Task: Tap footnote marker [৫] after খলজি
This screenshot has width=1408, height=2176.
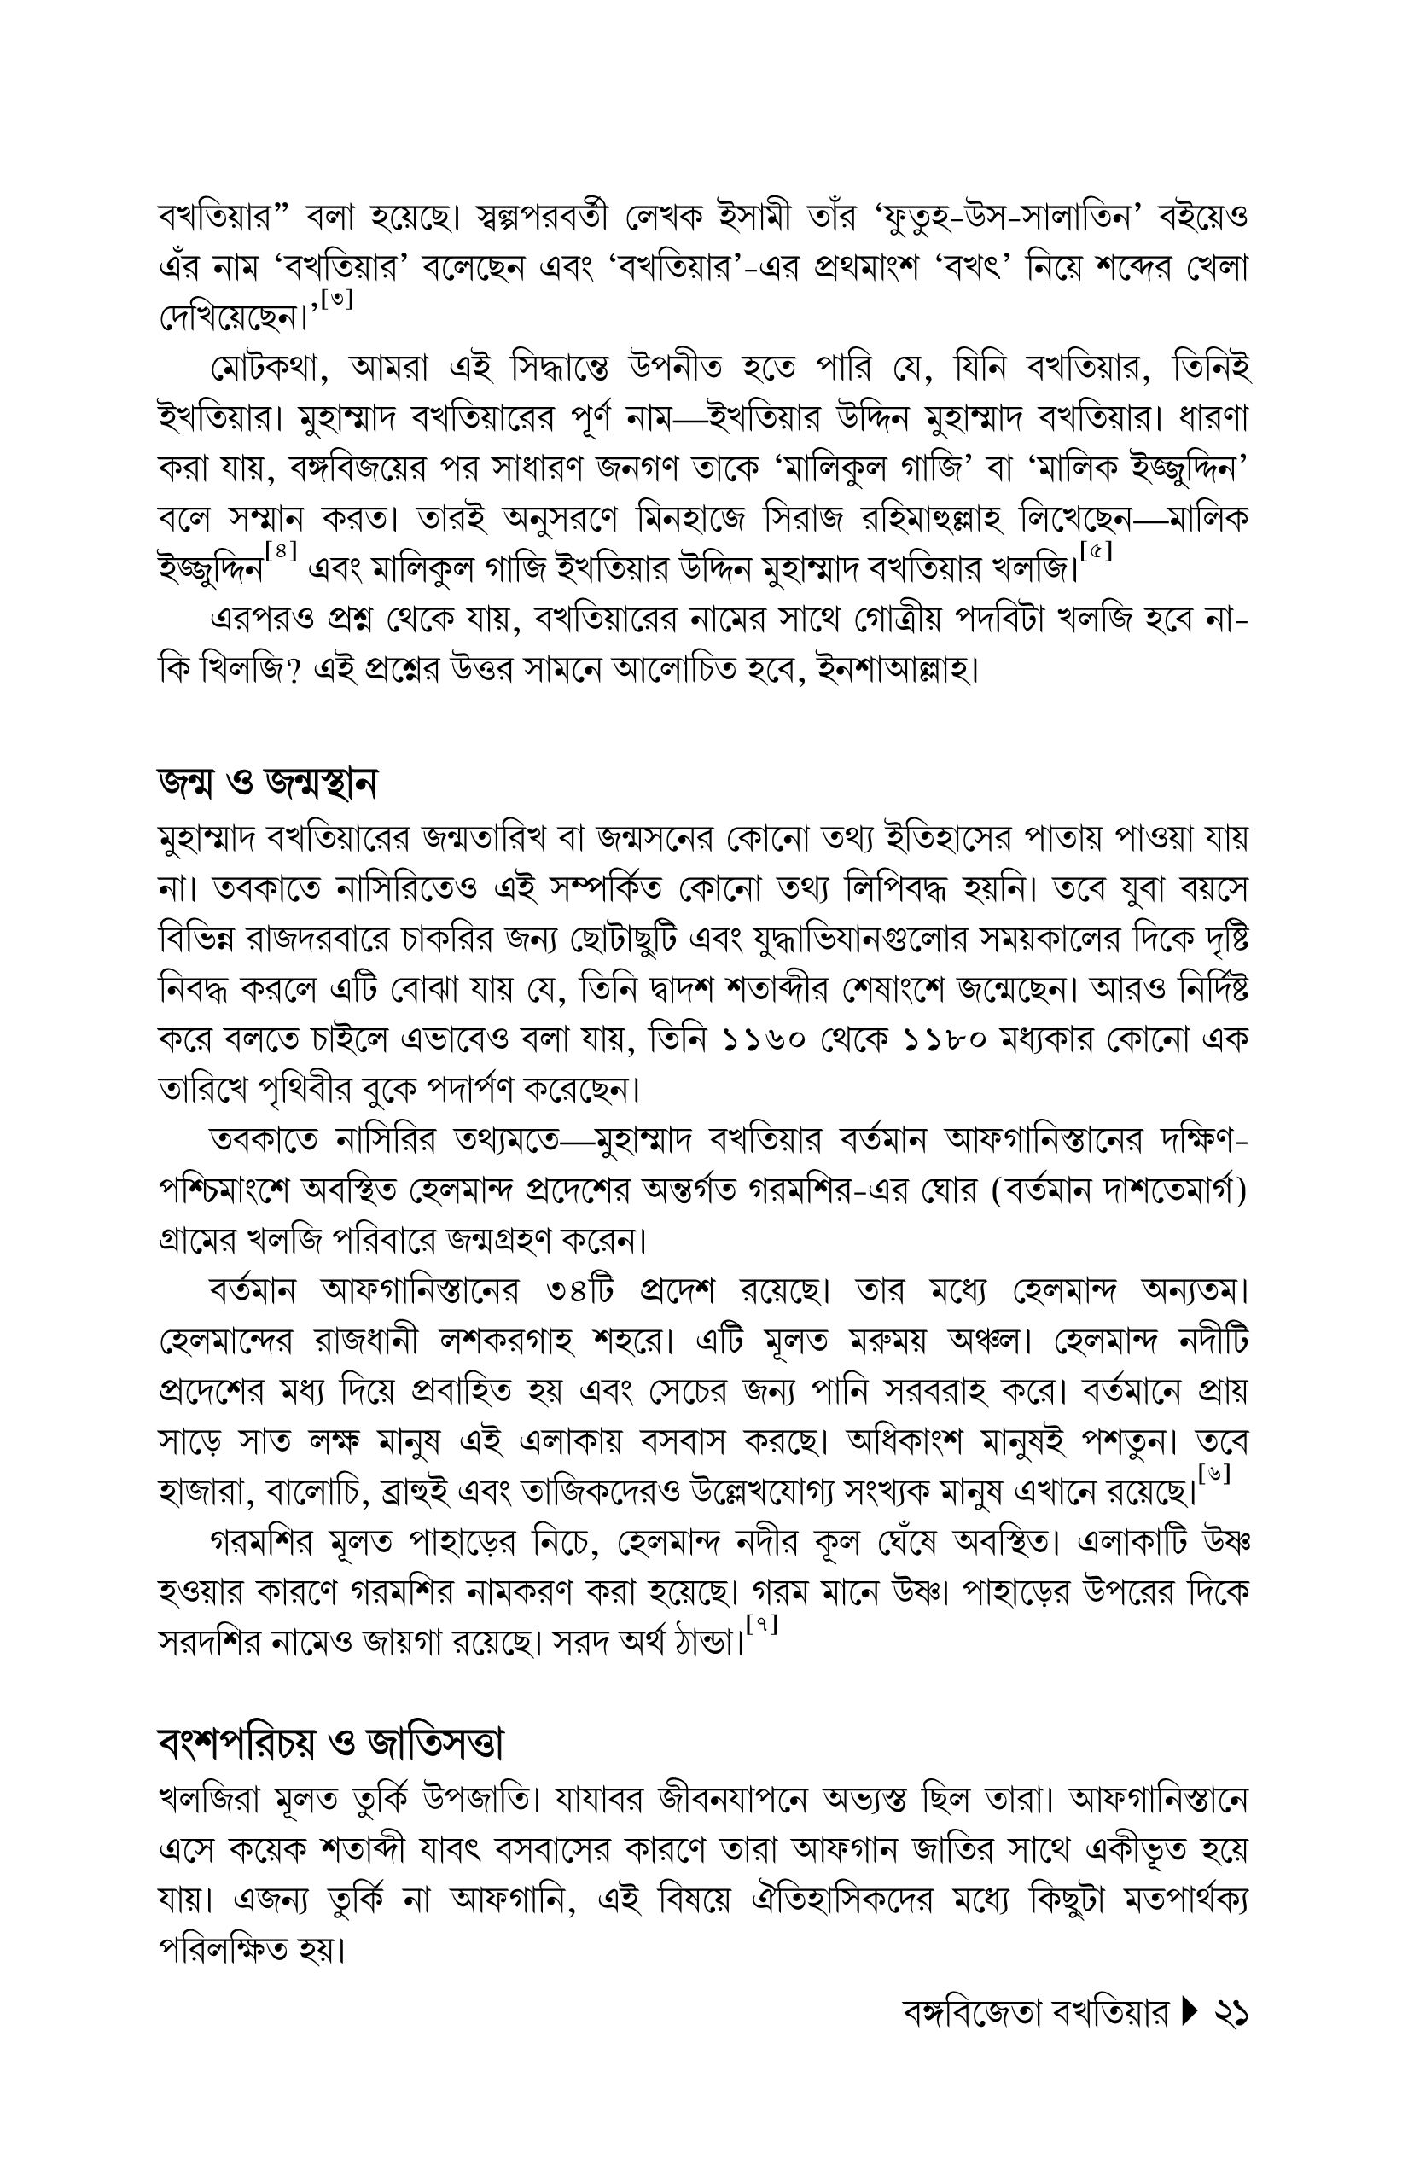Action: pyautogui.click(x=1096, y=553)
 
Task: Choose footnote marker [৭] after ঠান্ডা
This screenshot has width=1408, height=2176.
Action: pyautogui.click(x=761, y=1625)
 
